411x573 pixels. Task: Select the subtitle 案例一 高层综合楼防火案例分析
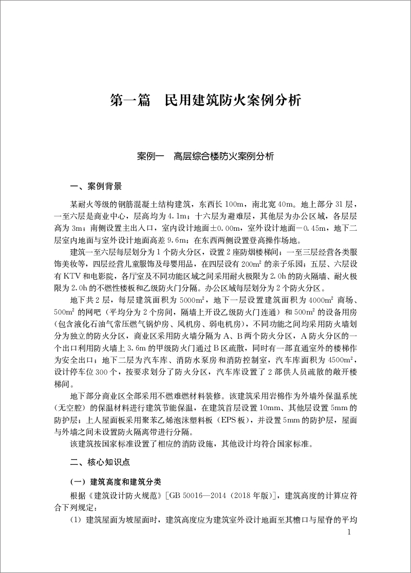[206, 155]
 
